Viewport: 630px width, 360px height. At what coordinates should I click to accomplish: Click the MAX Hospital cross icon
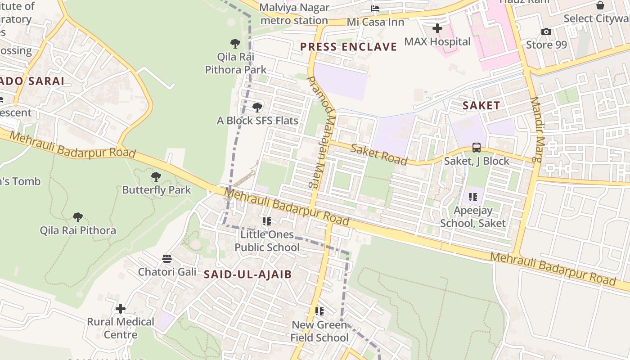pos(437,29)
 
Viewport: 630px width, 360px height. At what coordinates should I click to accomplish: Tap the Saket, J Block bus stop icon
pos(477,148)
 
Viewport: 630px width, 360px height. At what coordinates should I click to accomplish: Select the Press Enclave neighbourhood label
pos(348,47)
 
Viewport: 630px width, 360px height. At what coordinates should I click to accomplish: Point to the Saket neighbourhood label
pos(481,106)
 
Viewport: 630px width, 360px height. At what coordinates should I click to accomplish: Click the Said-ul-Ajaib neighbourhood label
pos(247,274)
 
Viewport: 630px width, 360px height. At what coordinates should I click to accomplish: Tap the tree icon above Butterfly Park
pos(156,177)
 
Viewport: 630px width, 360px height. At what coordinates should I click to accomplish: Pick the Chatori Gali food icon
pos(167,259)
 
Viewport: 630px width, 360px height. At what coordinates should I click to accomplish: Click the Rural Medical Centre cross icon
pos(121,309)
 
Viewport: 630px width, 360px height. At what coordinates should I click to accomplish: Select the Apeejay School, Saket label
pos(473,216)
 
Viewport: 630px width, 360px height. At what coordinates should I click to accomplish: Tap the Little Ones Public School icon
pos(267,221)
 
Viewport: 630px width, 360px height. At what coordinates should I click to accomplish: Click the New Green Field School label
pos(319,331)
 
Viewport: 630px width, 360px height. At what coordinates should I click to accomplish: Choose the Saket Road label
pos(379,154)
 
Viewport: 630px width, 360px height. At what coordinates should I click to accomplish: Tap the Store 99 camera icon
pos(546,32)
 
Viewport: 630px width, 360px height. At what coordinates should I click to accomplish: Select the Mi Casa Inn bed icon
pos(375,9)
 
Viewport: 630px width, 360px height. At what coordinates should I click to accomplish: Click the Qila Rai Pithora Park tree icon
pos(235,44)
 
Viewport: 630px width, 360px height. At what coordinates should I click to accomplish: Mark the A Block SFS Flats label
pos(257,121)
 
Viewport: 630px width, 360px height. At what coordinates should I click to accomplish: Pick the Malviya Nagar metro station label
pos(294,14)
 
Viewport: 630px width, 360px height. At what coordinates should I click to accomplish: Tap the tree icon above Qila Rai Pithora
pos(78,217)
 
